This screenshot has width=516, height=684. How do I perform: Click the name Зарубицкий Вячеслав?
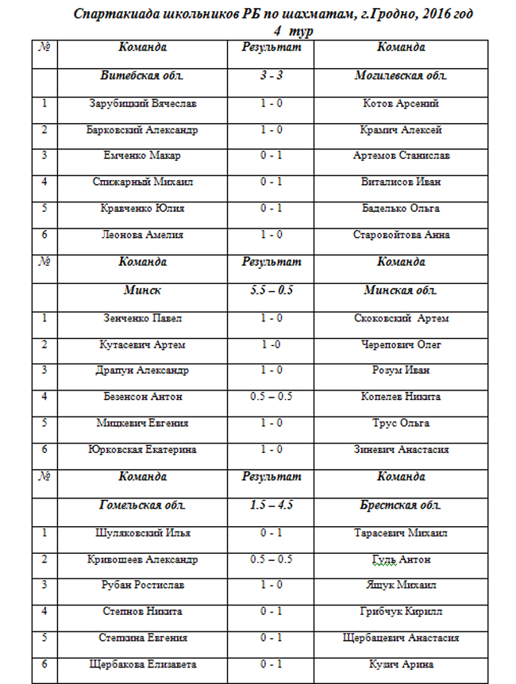(x=143, y=104)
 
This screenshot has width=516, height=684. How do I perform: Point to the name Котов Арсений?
(x=401, y=104)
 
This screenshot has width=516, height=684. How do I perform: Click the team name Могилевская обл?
(x=401, y=76)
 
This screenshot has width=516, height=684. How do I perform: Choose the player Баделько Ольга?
(x=401, y=209)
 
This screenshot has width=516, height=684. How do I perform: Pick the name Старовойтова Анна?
(x=401, y=235)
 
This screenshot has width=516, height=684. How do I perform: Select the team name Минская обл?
(x=401, y=290)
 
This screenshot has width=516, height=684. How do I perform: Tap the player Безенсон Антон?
(x=143, y=397)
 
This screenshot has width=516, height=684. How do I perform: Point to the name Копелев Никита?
(x=401, y=397)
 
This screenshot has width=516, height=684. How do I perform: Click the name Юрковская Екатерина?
(x=143, y=450)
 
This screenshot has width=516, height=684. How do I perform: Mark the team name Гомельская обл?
(x=143, y=505)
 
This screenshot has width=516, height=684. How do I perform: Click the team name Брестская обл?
(x=401, y=505)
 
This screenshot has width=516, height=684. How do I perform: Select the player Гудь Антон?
(x=401, y=559)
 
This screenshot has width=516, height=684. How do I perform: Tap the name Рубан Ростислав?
(x=143, y=586)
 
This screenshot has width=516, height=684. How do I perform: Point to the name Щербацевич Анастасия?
(x=401, y=638)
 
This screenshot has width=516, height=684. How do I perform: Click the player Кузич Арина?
(x=401, y=664)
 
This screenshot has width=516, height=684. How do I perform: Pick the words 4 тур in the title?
(x=293, y=31)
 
